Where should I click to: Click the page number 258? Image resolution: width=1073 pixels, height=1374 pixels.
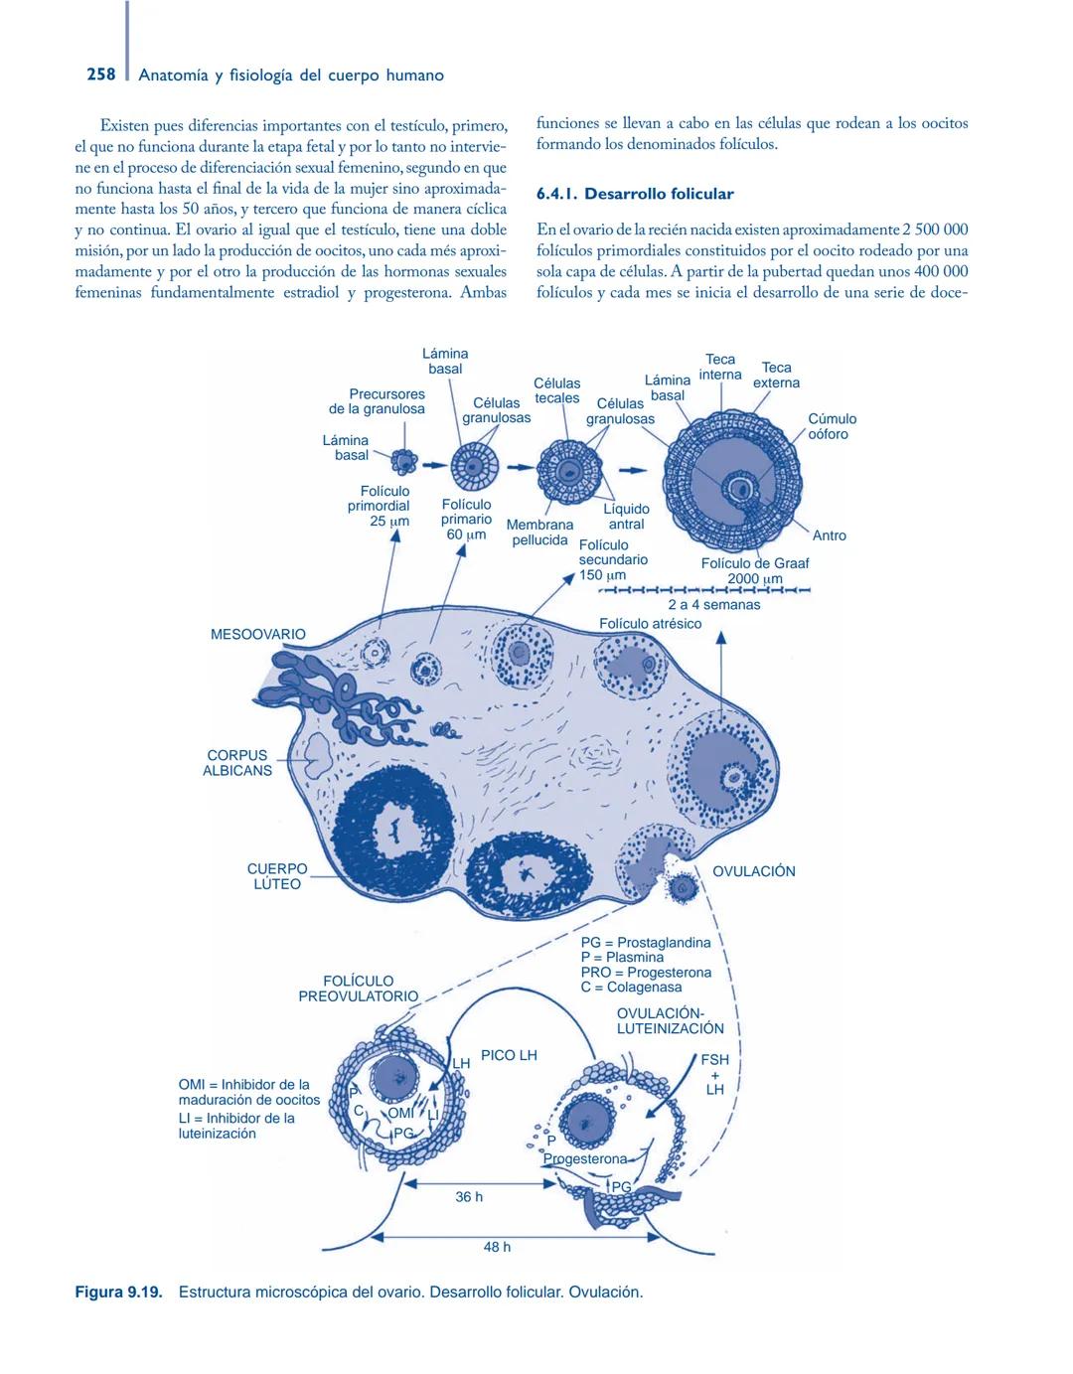[100, 75]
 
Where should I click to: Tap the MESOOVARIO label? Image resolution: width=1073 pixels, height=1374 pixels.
[258, 634]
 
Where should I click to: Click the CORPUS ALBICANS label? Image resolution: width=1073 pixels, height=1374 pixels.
[237, 763]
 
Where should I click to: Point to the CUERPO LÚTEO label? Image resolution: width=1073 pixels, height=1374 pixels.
[277, 876]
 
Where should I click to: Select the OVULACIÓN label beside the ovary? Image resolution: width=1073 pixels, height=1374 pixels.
[754, 871]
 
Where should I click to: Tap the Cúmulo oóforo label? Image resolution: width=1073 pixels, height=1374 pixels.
[832, 426]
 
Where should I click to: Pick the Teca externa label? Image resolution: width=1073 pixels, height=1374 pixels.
[776, 375]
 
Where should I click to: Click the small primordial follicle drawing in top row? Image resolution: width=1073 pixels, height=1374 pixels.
[404, 461]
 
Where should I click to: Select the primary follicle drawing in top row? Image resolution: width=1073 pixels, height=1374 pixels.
[473, 465]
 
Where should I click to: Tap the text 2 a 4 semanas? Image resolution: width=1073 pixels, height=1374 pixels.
[713, 604]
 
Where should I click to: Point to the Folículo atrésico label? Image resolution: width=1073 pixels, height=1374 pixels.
[650, 624]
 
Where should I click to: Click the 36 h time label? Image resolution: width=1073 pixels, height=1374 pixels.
[469, 1197]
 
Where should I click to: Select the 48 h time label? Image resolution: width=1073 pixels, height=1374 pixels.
[497, 1247]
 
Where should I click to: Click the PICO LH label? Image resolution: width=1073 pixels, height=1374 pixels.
[509, 1055]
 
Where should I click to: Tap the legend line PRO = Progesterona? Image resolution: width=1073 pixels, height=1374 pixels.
[646, 973]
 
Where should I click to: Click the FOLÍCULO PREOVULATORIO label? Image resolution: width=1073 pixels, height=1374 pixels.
[358, 989]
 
